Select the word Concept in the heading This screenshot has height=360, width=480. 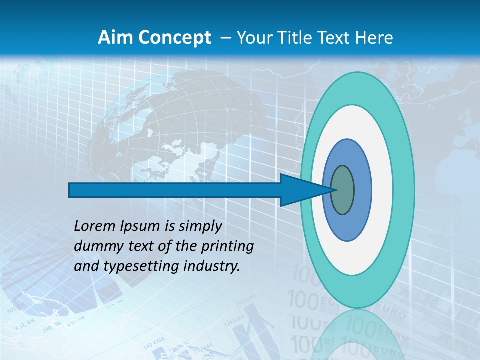(175, 38)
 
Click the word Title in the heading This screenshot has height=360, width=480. (294, 38)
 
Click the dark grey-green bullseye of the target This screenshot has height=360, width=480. (343, 190)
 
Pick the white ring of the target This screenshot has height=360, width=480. (382, 190)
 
